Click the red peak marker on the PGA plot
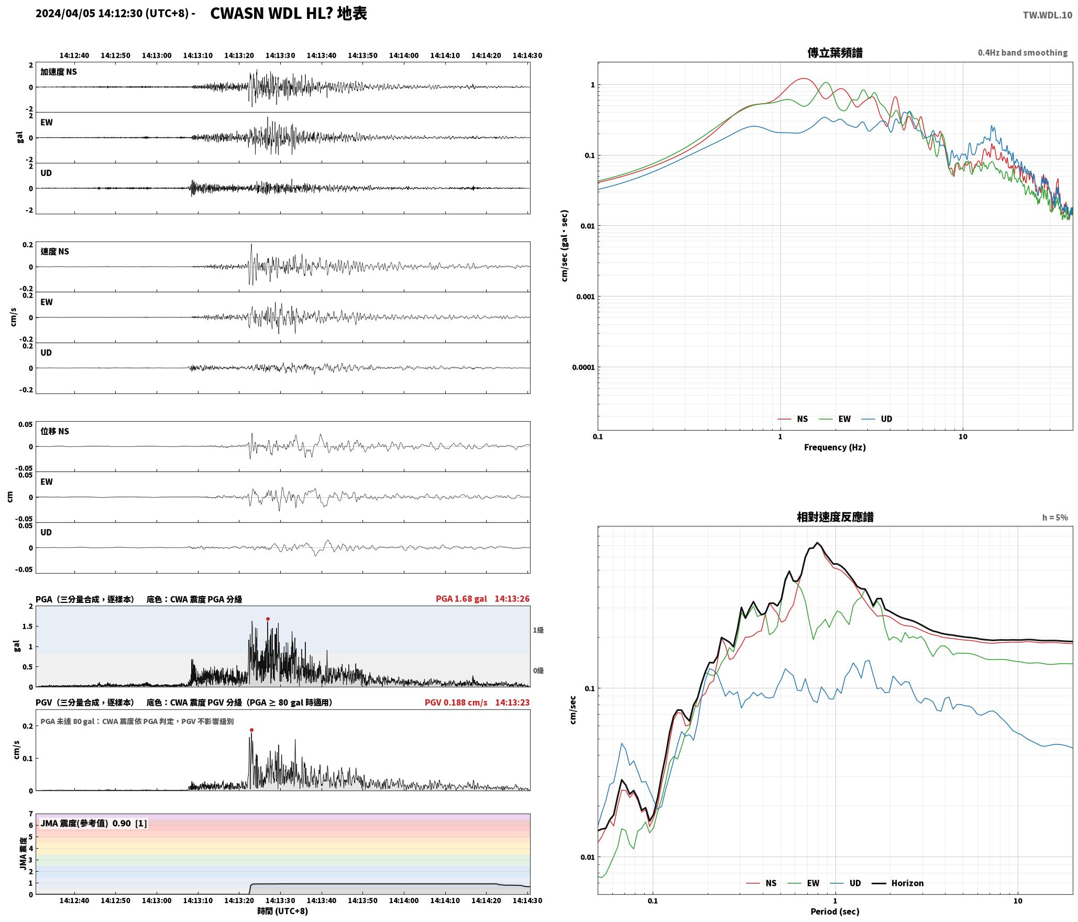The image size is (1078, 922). pos(268,619)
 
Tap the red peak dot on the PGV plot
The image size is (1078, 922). pos(251,730)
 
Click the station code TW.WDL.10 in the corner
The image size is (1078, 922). pos(1047,15)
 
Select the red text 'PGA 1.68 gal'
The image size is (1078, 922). pos(461,598)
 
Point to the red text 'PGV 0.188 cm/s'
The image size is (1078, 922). pos(456,702)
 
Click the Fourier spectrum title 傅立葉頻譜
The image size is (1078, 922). pos(834,52)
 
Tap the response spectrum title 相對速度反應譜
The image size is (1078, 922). pos(834,517)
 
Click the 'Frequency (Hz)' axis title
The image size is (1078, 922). pos(834,447)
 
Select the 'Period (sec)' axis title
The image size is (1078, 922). pos(834,911)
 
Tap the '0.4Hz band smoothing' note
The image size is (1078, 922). pos(1022,52)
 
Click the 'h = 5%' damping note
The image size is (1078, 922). pos(1054,518)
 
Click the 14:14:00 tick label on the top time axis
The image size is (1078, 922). pos(403,55)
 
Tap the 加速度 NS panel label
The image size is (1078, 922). pos(59,72)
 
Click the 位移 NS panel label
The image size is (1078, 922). pos(54,431)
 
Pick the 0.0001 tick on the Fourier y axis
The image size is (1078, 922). pos(583,367)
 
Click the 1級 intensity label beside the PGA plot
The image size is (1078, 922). pos(538,630)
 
